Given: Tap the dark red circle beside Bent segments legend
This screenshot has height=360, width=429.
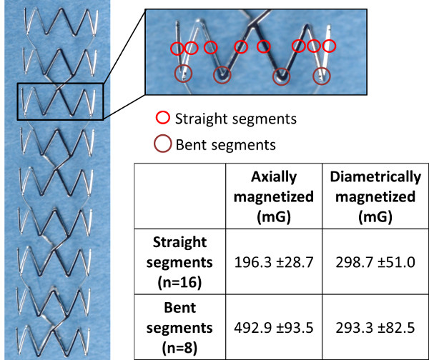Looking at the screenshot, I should [163, 144].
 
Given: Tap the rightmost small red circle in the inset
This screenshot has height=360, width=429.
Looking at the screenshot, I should [329, 46].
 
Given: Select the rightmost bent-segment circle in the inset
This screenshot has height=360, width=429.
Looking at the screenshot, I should [323, 74].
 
